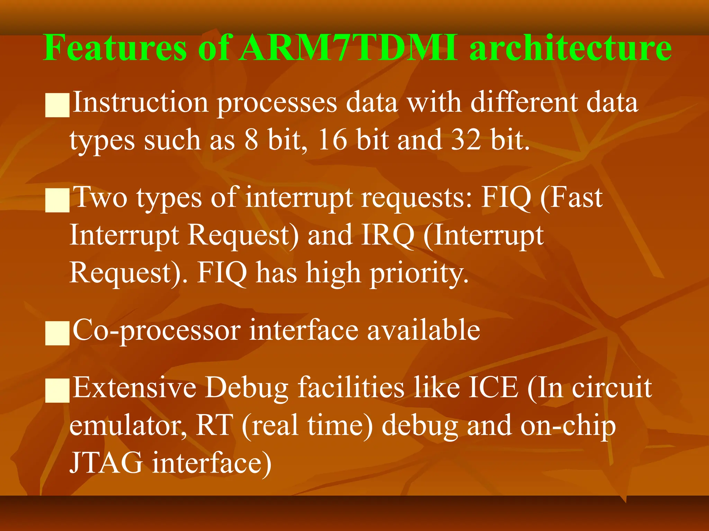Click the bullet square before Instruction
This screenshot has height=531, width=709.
(x=57, y=105)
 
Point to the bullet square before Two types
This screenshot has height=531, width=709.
(x=57, y=200)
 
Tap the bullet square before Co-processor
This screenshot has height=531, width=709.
(x=57, y=333)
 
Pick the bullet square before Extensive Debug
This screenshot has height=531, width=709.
(x=57, y=390)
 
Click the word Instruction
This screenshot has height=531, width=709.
(x=140, y=103)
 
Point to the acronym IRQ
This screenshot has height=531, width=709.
(x=387, y=235)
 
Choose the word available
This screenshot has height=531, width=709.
(x=423, y=330)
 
